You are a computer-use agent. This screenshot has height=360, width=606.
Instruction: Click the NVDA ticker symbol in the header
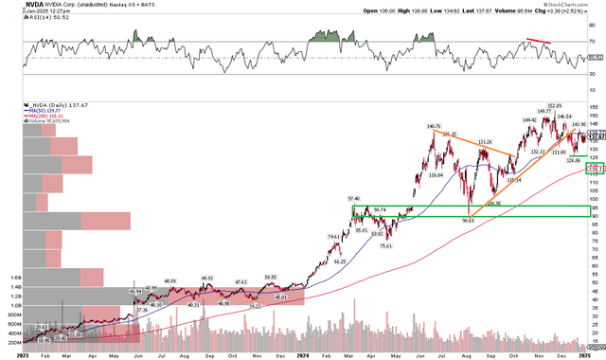(12, 5)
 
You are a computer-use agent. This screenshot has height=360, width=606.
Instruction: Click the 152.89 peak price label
(555, 105)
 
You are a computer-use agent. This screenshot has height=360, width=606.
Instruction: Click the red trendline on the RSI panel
(537, 43)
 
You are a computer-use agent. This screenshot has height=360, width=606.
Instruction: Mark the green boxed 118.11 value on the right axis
(596, 169)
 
